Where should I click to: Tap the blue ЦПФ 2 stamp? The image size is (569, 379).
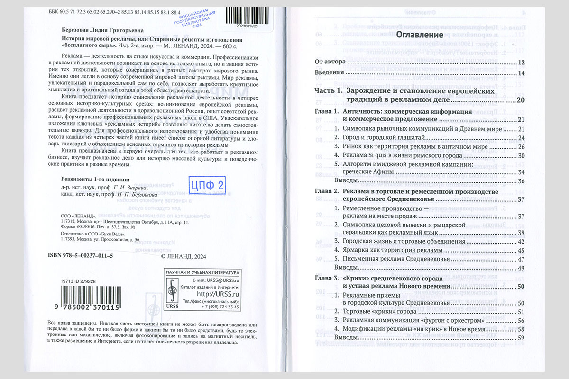point(206,184)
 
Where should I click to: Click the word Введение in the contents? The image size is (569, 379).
point(329,73)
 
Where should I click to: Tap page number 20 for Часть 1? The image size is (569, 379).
point(521,100)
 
